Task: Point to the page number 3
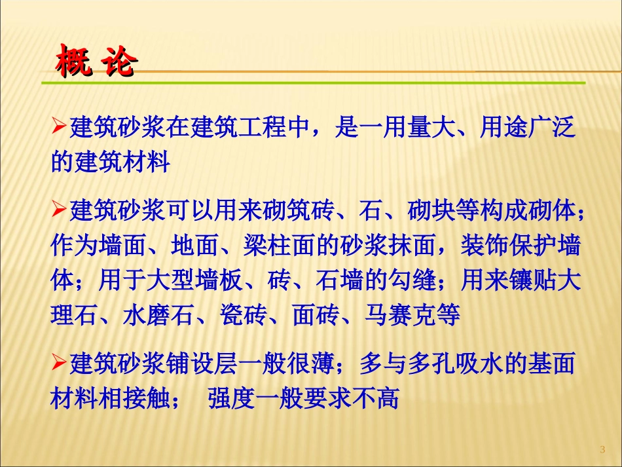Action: [602, 449]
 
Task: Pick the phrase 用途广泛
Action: [528, 127]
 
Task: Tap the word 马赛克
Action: [400, 316]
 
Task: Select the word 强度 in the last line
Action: [231, 398]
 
